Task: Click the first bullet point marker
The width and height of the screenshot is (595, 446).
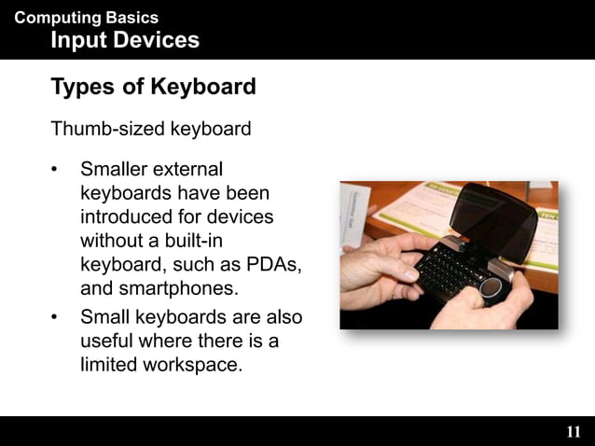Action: pos(57,171)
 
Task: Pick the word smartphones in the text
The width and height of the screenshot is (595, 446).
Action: pos(176,287)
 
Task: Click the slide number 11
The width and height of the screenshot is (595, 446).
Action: pos(573,432)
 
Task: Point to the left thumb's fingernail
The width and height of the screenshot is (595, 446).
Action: pos(412,276)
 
